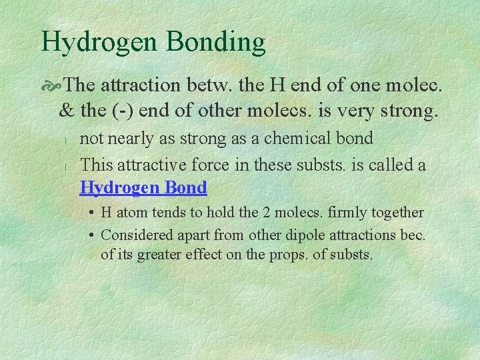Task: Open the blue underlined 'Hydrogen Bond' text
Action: tap(143, 188)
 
